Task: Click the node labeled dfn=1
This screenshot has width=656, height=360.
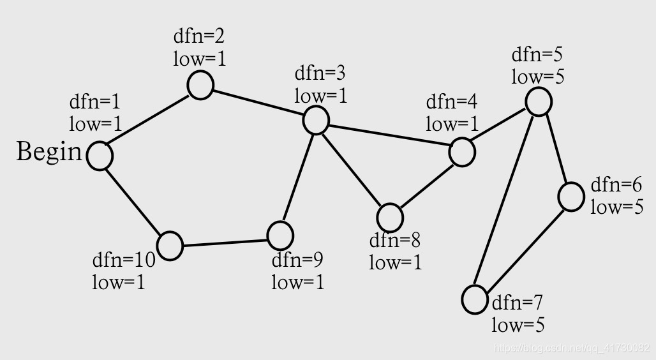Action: (x=100, y=156)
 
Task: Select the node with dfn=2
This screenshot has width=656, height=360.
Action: (x=200, y=86)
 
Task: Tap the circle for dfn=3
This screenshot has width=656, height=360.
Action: (x=315, y=120)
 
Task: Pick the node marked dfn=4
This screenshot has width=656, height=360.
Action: (x=462, y=152)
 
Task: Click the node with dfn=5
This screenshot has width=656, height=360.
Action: (x=539, y=102)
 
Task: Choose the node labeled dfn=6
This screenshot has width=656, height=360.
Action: (x=570, y=197)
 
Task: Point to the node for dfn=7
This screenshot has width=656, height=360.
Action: (x=475, y=299)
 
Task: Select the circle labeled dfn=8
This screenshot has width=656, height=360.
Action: (x=390, y=218)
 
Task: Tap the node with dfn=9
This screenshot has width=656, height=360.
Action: (x=280, y=235)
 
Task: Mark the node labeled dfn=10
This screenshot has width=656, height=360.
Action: (x=170, y=246)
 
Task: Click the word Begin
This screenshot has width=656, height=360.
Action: (x=49, y=153)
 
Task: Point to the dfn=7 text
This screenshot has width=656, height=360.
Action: (x=518, y=302)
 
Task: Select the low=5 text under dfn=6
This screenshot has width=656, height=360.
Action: (x=617, y=207)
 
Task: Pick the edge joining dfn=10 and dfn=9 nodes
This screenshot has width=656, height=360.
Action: (x=225, y=241)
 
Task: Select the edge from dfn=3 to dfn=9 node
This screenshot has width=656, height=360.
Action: (x=297, y=177)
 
